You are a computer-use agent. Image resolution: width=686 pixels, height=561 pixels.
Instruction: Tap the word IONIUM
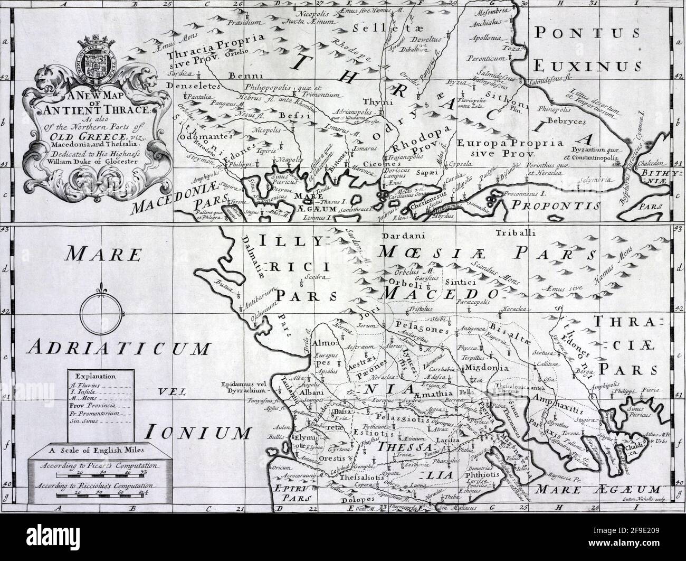click(x=197, y=433)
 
